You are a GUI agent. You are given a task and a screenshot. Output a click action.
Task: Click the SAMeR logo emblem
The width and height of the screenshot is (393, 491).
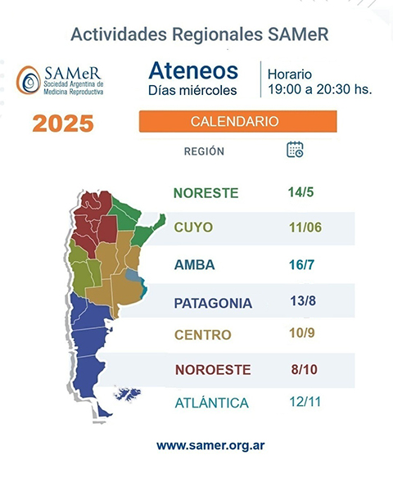pos(28,80)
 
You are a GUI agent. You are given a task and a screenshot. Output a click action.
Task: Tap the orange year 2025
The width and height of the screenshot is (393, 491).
pos(63,124)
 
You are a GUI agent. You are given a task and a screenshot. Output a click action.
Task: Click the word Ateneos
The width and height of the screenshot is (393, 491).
pos(193,70)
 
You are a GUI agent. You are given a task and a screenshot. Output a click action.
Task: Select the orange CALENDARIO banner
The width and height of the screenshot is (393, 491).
pos(237,121)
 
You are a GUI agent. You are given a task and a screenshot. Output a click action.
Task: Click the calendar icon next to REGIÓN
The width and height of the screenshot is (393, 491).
pos(295,149)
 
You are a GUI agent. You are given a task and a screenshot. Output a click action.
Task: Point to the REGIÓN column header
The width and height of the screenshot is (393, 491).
pos(204,151)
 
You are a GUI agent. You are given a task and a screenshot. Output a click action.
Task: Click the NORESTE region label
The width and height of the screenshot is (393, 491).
pos(206,193)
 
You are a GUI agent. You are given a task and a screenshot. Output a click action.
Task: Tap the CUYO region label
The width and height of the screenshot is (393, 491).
pos(193,227)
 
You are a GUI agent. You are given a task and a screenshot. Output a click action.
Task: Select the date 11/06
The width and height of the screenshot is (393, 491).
pos(305,227)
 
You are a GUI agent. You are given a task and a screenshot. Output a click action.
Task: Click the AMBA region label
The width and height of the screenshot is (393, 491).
pos(195,265)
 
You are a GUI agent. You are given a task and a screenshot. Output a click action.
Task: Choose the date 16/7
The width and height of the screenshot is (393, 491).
pos(302,264)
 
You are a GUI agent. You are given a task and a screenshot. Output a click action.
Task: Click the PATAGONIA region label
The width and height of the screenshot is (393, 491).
pos(213,303)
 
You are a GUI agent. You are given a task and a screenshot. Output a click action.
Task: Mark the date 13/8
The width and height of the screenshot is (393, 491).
pos(303,301)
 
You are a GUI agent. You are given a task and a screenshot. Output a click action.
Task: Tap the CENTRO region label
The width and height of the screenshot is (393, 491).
pos(203,335)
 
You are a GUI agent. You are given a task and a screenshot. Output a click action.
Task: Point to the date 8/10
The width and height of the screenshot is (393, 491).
pos(303,369)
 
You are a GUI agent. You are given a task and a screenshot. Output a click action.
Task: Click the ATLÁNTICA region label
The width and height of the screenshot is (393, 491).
pos(211,403)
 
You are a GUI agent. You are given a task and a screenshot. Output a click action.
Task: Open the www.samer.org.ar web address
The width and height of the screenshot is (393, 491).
pos(210,446)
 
